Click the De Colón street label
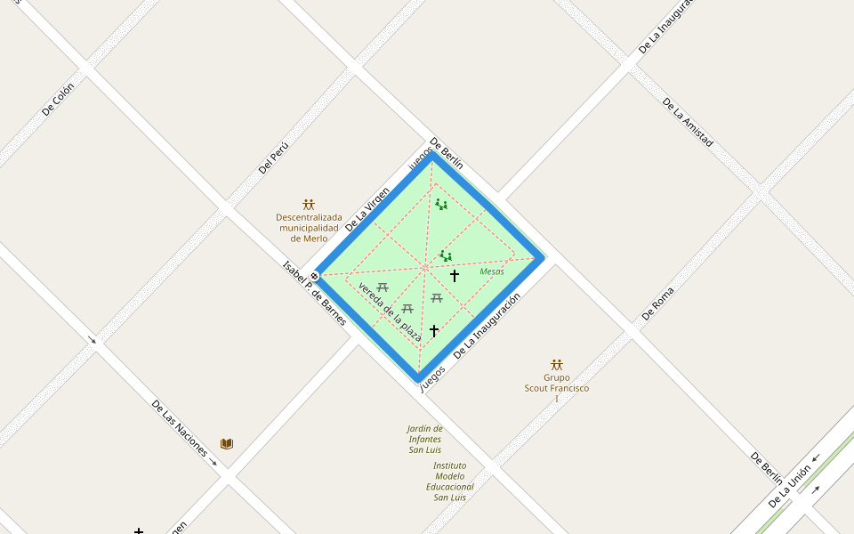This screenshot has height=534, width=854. coord(58,98)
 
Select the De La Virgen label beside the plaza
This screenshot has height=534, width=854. coord(367,208)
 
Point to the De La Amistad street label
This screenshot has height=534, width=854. coord(688,122)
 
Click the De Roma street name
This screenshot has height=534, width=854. coord(657,303)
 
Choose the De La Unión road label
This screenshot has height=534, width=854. coord(789,486)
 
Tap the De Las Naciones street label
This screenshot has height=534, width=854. coord(179,431)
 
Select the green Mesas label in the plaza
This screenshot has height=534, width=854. coord(492,271)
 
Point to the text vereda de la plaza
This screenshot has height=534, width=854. coord(390,311)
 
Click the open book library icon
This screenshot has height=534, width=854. coord(227,443)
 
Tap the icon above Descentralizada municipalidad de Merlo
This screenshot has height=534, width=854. coord(309,205)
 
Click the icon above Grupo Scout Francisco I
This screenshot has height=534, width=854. coord(557,365)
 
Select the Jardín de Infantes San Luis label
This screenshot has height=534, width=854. coord(425,439)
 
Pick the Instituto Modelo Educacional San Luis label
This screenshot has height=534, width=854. coord(449,481)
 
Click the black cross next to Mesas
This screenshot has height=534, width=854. coord(455,276)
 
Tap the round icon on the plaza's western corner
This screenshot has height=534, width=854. coord(314,276)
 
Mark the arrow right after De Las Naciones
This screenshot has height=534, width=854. coord(213,462)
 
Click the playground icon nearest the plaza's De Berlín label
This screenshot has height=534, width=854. coord(441,205)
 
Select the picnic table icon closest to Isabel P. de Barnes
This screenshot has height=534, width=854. coord(383,287)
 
